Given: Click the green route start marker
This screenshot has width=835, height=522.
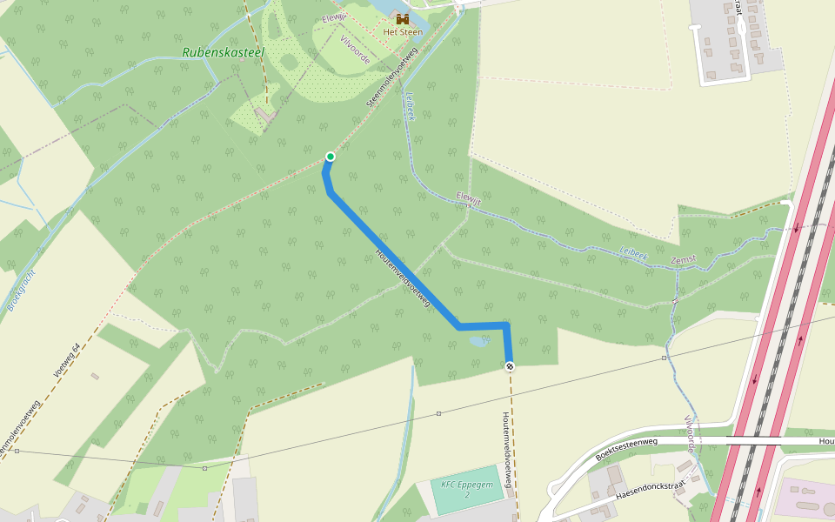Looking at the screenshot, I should [x=330, y=157].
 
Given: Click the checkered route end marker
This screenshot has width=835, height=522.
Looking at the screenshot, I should [x=510, y=366].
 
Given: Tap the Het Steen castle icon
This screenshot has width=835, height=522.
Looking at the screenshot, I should [x=403, y=19].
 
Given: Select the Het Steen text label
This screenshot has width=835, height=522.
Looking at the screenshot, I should [x=403, y=32].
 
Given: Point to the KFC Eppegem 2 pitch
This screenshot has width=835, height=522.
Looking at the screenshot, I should [x=467, y=490].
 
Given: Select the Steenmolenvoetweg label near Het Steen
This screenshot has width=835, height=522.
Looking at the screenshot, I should [x=392, y=77].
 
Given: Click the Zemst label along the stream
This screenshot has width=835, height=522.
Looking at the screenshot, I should [x=684, y=261].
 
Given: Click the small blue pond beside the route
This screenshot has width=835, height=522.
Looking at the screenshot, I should [x=478, y=342].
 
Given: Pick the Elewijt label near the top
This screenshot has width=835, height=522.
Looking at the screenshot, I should [x=334, y=19].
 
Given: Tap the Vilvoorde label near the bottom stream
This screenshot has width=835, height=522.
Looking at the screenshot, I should [x=690, y=433].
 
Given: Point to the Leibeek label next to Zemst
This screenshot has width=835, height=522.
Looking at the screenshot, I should [x=633, y=253].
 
